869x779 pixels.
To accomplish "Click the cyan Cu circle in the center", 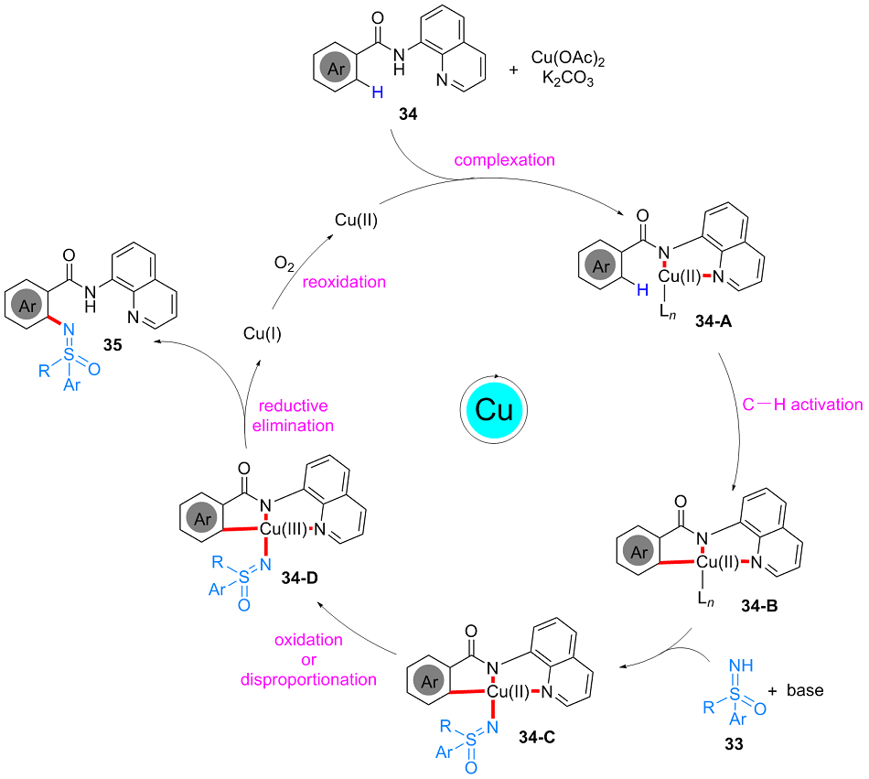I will [x=494, y=409].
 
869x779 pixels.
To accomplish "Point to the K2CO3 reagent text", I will [x=571, y=81].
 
